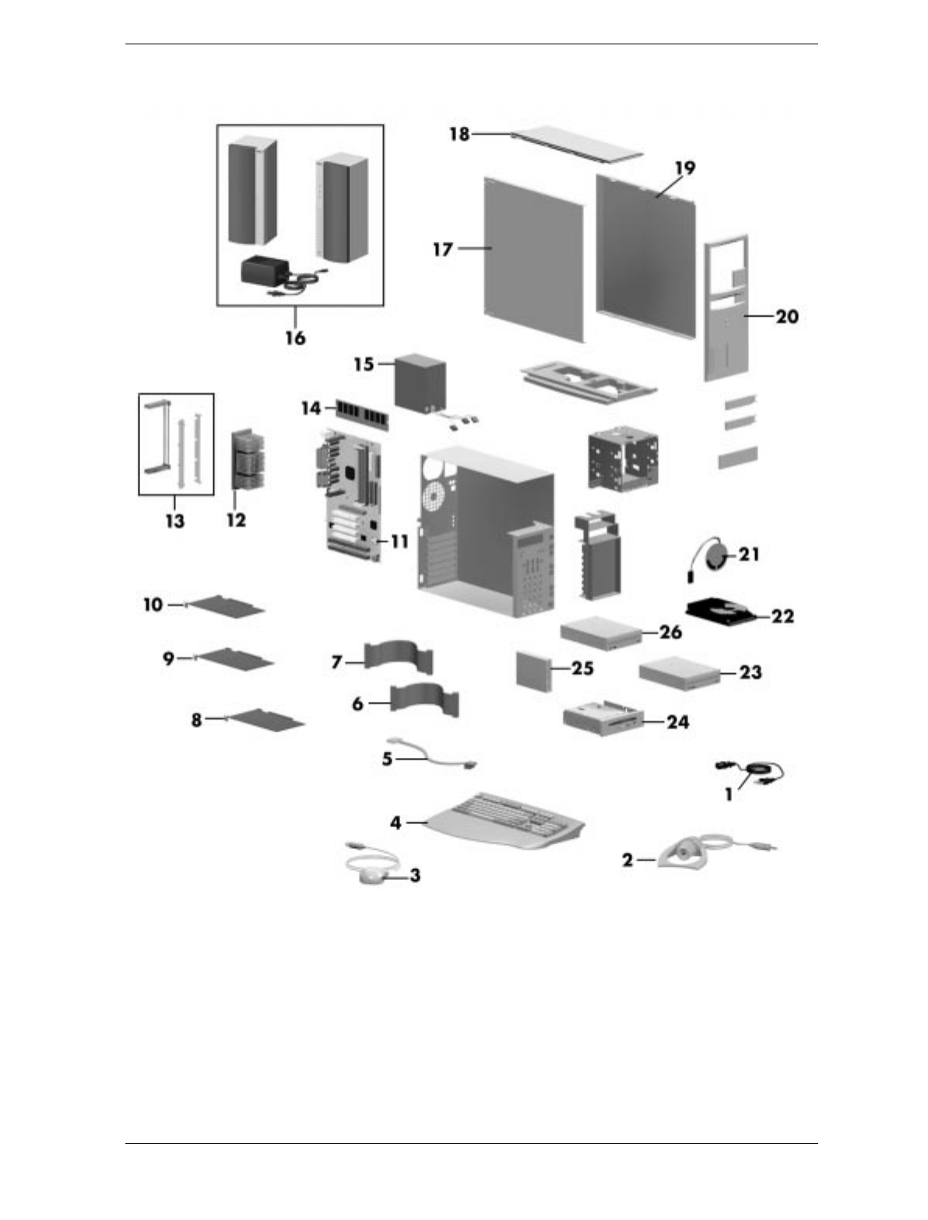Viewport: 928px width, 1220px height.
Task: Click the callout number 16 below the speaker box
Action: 295,338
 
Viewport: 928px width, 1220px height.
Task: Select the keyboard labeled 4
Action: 506,821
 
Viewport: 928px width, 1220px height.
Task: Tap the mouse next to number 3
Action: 373,876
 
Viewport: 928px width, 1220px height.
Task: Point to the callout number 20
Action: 787,317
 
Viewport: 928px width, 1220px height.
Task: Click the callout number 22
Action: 782,616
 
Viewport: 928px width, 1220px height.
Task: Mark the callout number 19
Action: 684,168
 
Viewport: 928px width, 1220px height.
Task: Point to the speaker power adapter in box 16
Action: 265,272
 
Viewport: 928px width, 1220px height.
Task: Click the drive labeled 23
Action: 677,672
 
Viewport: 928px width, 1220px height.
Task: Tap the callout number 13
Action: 174,520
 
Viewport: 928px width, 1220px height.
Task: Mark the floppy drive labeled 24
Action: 603,717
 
